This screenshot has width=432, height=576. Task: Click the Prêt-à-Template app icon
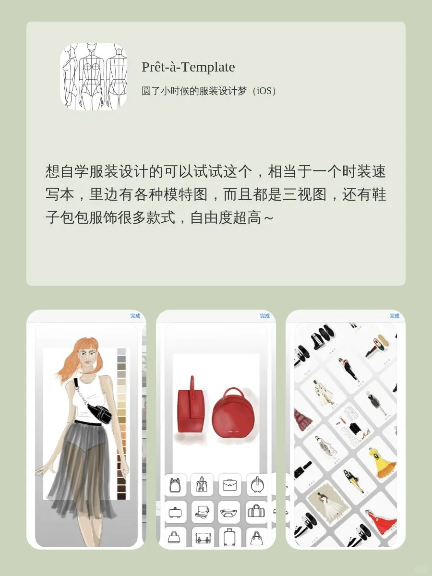click(94, 77)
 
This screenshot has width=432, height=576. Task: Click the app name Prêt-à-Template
click(188, 67)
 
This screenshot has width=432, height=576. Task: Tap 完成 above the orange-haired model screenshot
click(135, 316)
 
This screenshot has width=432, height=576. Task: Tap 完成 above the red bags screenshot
click(265, 316)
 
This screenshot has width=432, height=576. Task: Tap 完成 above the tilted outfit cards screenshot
click(395, 316)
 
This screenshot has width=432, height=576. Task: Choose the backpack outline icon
click(174, 485)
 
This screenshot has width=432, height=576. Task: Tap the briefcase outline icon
click(230, 485)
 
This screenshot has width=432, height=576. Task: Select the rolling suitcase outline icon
click(230, 536)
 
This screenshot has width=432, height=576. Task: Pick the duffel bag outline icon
click(257, 512)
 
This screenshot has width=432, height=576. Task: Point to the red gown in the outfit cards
click(382, 521)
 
